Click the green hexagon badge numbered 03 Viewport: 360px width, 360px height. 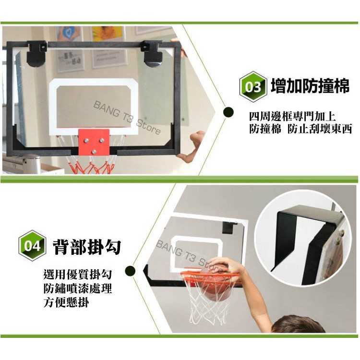(253, 87)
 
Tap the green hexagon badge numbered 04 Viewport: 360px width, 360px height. (32, 245)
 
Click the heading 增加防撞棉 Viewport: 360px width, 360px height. (310, 86)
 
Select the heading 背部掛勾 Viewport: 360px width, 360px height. (87, 247)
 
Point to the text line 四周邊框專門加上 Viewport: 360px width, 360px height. (292, 117)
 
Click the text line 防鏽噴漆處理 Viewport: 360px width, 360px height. (78, 288)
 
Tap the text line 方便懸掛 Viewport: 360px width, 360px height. (66, 302)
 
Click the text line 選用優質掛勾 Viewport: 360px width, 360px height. (78, 275)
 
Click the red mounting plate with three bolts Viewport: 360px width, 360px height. (94, 142)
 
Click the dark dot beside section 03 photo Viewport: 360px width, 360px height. (228, 112)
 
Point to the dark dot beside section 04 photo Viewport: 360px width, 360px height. (130, 271)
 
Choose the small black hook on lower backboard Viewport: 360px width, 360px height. (228, 228)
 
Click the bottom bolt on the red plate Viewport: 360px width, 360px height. (94, 152)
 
